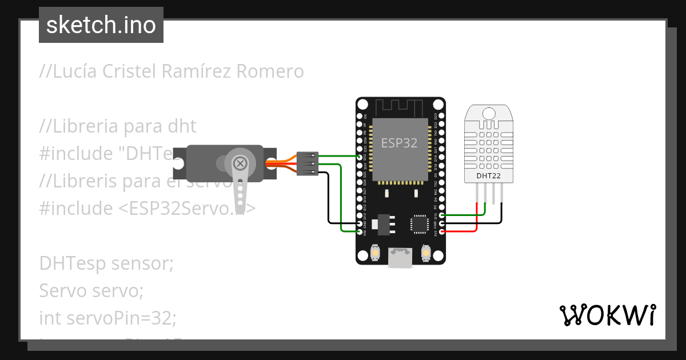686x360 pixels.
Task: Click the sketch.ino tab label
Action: pos(101,25)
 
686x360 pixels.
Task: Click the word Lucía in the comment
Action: pos(77,71)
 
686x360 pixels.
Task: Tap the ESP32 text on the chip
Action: pos(400,143)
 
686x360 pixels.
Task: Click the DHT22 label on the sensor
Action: pos(489,175)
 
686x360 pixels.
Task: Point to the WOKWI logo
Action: pos(608,315)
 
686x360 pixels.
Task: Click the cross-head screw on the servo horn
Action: pos(241,164)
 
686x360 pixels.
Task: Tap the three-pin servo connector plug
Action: pos(308,163)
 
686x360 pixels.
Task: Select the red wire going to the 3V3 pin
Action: pos(463,231)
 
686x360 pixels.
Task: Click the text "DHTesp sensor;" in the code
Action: pos(106,263)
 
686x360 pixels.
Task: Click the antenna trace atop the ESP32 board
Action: pos(400,107)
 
